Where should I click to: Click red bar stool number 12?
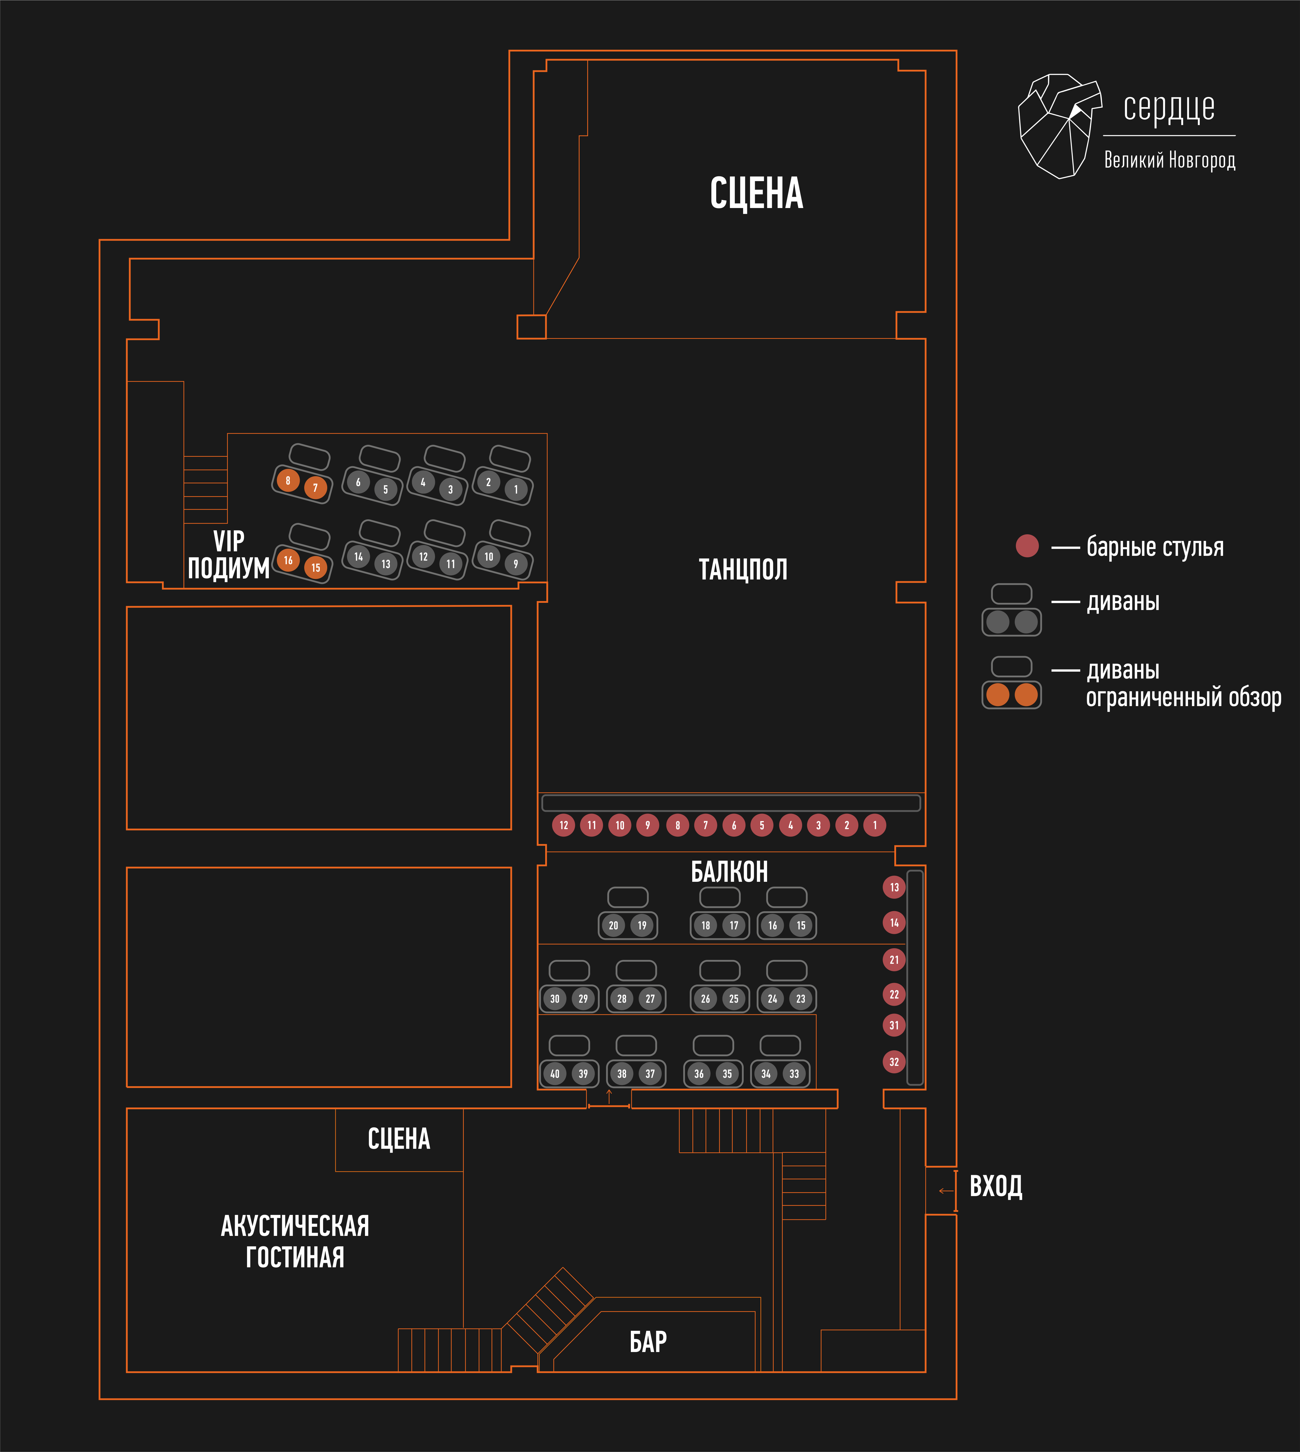pyautogui.click(x=563, y=825)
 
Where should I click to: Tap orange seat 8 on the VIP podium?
pyautogui.click(x=288, y=480)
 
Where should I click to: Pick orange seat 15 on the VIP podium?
pyautogui.click(x=316, y=568)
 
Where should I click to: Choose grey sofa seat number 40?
pyautogui.click(x=555, y=1073)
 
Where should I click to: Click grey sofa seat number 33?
pyautogui.click(x=794, y=1073)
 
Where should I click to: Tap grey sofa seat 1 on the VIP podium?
pyautogui.click(x=516, y=489)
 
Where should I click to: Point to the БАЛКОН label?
pyautogui.click(x=729, y=872)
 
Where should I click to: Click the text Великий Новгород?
pyautogui.click(x=1169, y=160)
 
